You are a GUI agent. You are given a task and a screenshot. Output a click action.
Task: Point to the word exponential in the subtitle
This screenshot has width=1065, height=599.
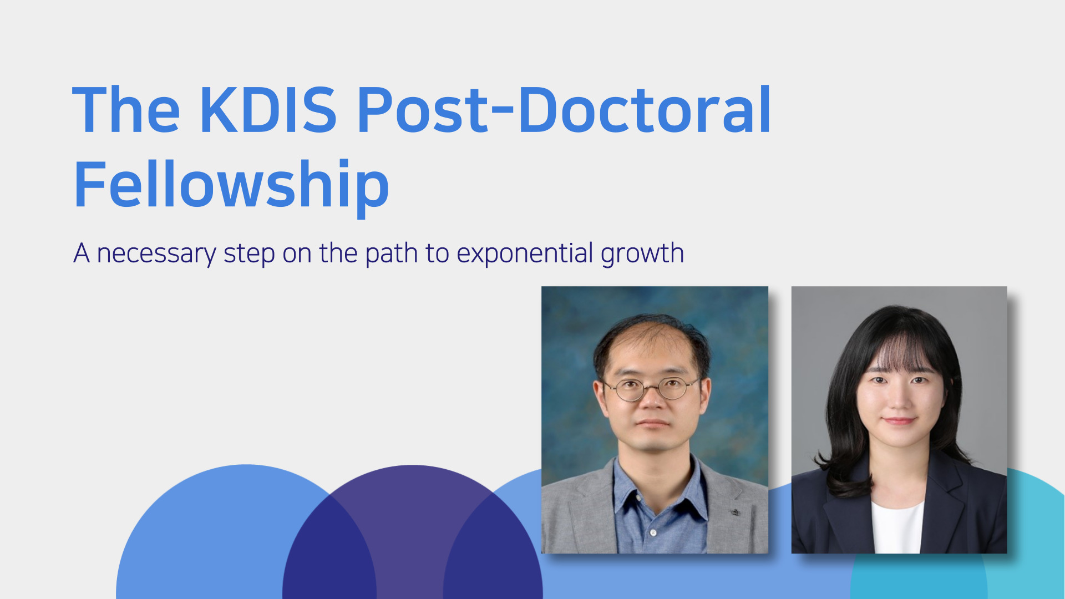coord(525,253)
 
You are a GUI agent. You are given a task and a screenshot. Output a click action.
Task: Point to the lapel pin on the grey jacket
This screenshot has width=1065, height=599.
coord(734,512)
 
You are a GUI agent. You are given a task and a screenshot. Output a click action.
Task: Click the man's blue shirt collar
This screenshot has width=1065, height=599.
coord(657,488)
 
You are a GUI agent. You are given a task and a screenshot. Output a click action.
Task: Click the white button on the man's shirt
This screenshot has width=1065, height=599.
coord(653,532)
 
